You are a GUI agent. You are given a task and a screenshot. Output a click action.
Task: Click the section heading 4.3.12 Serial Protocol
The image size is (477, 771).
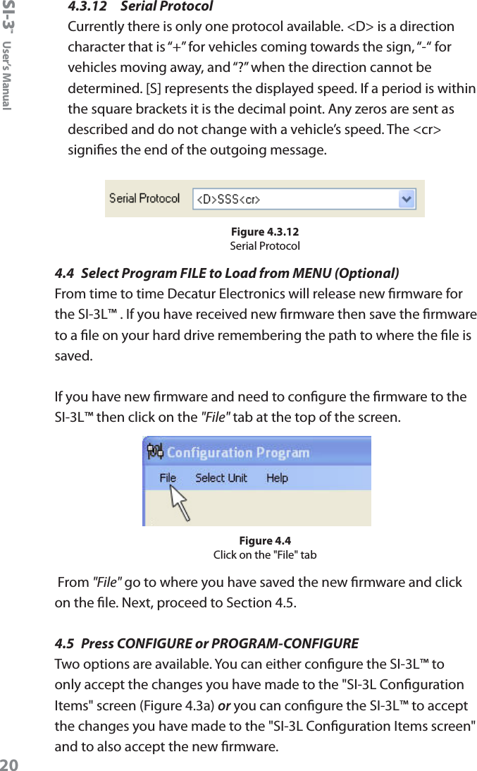coord(140,7)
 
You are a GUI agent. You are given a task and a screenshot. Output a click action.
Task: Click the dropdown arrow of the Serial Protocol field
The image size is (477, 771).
coord(407,200)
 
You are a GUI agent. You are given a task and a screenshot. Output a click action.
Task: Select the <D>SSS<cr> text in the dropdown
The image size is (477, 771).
coord(228,200)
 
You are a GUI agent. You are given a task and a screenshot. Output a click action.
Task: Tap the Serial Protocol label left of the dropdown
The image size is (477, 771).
coord(144,199)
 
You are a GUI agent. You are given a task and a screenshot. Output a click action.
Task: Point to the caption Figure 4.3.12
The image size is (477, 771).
coord(265,232)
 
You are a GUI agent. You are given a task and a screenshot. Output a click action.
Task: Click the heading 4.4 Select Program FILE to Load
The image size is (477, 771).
coord(227,273)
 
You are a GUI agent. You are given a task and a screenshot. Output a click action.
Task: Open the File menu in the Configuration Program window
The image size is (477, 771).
coord(168,478)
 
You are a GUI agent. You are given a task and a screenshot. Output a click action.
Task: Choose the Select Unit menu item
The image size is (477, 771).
coord(221,478)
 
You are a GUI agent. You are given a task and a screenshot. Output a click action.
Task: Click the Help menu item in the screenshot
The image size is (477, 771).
coord(277,478)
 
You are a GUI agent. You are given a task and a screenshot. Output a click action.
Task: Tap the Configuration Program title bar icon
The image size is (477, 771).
coord(154,451)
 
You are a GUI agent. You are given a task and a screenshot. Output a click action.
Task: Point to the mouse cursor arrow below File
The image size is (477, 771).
coord(180,503)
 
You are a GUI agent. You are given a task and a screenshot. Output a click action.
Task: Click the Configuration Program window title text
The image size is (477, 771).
coord(237,452)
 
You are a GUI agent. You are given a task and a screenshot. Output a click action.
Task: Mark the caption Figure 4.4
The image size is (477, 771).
coord(265,541)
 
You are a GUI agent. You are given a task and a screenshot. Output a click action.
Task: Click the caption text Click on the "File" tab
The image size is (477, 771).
coord(265,555)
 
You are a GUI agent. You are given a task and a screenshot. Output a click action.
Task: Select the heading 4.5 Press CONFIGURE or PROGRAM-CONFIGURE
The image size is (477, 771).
coord(206,643)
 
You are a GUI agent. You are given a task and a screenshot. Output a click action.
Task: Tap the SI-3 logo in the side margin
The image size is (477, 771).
coord(8,16)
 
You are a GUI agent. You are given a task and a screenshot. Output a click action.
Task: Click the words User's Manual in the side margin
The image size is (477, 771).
coord(7,75)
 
